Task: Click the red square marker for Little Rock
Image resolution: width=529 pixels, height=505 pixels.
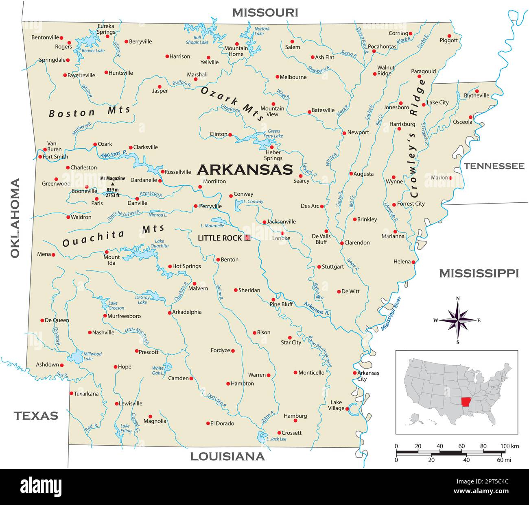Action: [x=247, y=238]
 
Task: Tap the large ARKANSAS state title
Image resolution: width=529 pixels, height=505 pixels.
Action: [x=245, y=169]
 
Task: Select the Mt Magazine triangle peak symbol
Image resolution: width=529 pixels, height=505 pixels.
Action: [x=113, y=184]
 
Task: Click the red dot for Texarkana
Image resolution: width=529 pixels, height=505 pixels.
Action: [x=71, y=393]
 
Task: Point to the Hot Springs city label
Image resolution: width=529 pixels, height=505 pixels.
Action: [x=186, y=266]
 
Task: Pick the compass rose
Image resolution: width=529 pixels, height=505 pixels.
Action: [x=458, y=320]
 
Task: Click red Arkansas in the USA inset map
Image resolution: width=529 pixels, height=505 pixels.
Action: [x=466, y=404]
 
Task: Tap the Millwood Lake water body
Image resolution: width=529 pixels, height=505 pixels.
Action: [x=76, y=357]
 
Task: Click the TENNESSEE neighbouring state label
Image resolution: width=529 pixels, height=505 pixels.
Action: [x=494, y=166]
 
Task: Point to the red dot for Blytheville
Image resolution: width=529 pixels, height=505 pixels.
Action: [x=477, y=91]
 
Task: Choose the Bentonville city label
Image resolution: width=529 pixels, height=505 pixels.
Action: [x=45, y=37]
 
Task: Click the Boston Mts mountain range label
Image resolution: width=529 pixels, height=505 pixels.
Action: [x=90, y=112]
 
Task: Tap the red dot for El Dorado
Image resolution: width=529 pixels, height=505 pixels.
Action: [x=208, y=423]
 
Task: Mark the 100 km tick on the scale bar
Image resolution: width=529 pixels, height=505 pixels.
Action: [x=505, y=452]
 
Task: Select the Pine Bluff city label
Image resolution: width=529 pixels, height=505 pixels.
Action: [x=281, y=304]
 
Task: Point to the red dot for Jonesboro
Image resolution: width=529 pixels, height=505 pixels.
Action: [x=401, y=103]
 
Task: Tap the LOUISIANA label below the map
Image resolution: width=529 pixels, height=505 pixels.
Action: [x=227, y=457]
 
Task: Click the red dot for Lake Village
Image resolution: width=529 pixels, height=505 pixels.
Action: [x=347, y=409]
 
